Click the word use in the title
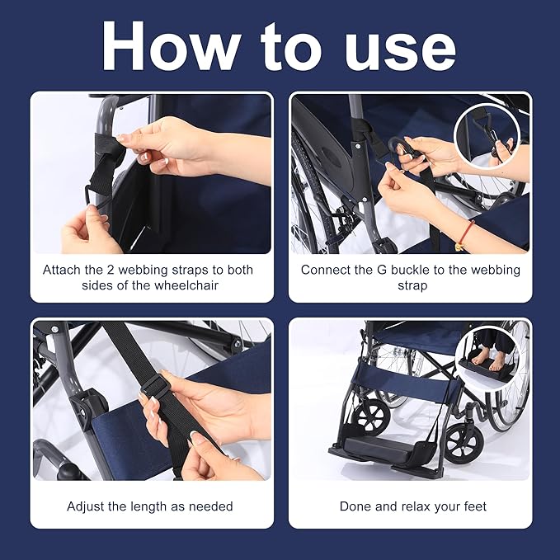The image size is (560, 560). click(x=400, y=51)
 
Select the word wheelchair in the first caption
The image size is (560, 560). click(x=186, y=285)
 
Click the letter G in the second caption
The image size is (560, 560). click(x=382, y=270)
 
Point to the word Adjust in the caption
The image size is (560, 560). click(x=85, y=506)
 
